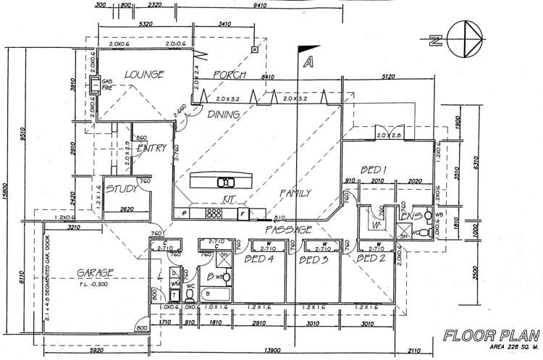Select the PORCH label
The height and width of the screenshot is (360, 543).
tap(230, 75)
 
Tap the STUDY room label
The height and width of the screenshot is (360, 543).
tap(122, 190)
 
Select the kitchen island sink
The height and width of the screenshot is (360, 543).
tap(227, 182)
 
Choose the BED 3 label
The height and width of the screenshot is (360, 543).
tap(314, 259)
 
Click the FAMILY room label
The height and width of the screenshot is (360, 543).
tap(295, 193)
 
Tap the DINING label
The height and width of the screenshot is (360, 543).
tap(224, 114)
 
